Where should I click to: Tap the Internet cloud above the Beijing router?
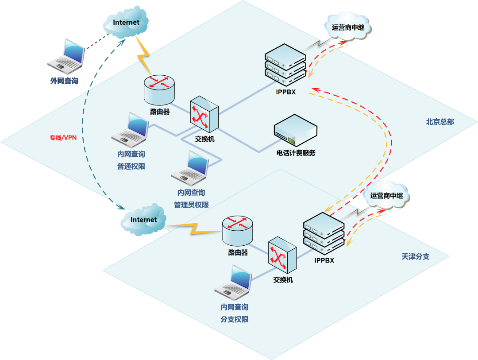[126, 23]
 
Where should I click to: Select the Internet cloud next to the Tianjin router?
[143, 220]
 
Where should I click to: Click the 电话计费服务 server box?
[296, 131]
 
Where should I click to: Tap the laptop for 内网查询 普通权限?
[131, 129]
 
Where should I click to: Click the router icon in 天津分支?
[238, 230]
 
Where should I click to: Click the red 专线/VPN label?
[63, 138]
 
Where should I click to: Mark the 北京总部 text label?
[440, 122]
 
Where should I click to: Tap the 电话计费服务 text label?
[296, 153]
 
